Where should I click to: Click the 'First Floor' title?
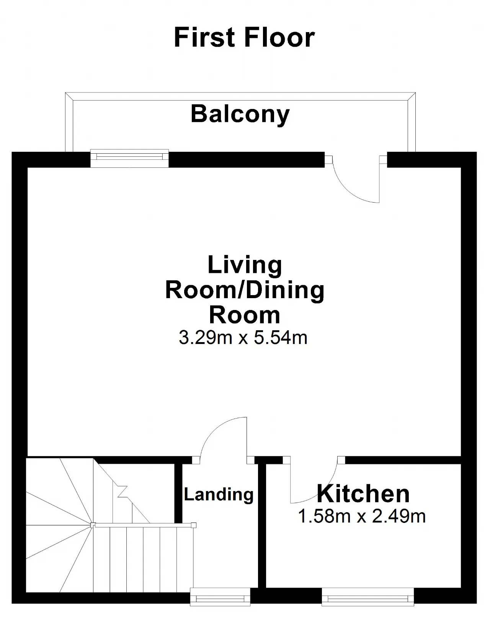(x=244, y=37)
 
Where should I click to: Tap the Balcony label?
(x=240, y=114)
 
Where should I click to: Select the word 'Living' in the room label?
(x=245, y=265)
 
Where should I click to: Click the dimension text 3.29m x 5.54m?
(x=243, y=338)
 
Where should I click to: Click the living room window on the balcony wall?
(x=129, y=158)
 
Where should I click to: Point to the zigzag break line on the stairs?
(x=122, y=492)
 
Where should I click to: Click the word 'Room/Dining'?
(x=245, y=291)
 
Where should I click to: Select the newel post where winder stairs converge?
(x=93, y=525)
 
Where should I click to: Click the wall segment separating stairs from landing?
(x=179, y=493)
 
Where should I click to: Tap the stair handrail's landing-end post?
(x=194, y=525)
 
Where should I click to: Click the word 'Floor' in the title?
(x=279, y=37)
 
